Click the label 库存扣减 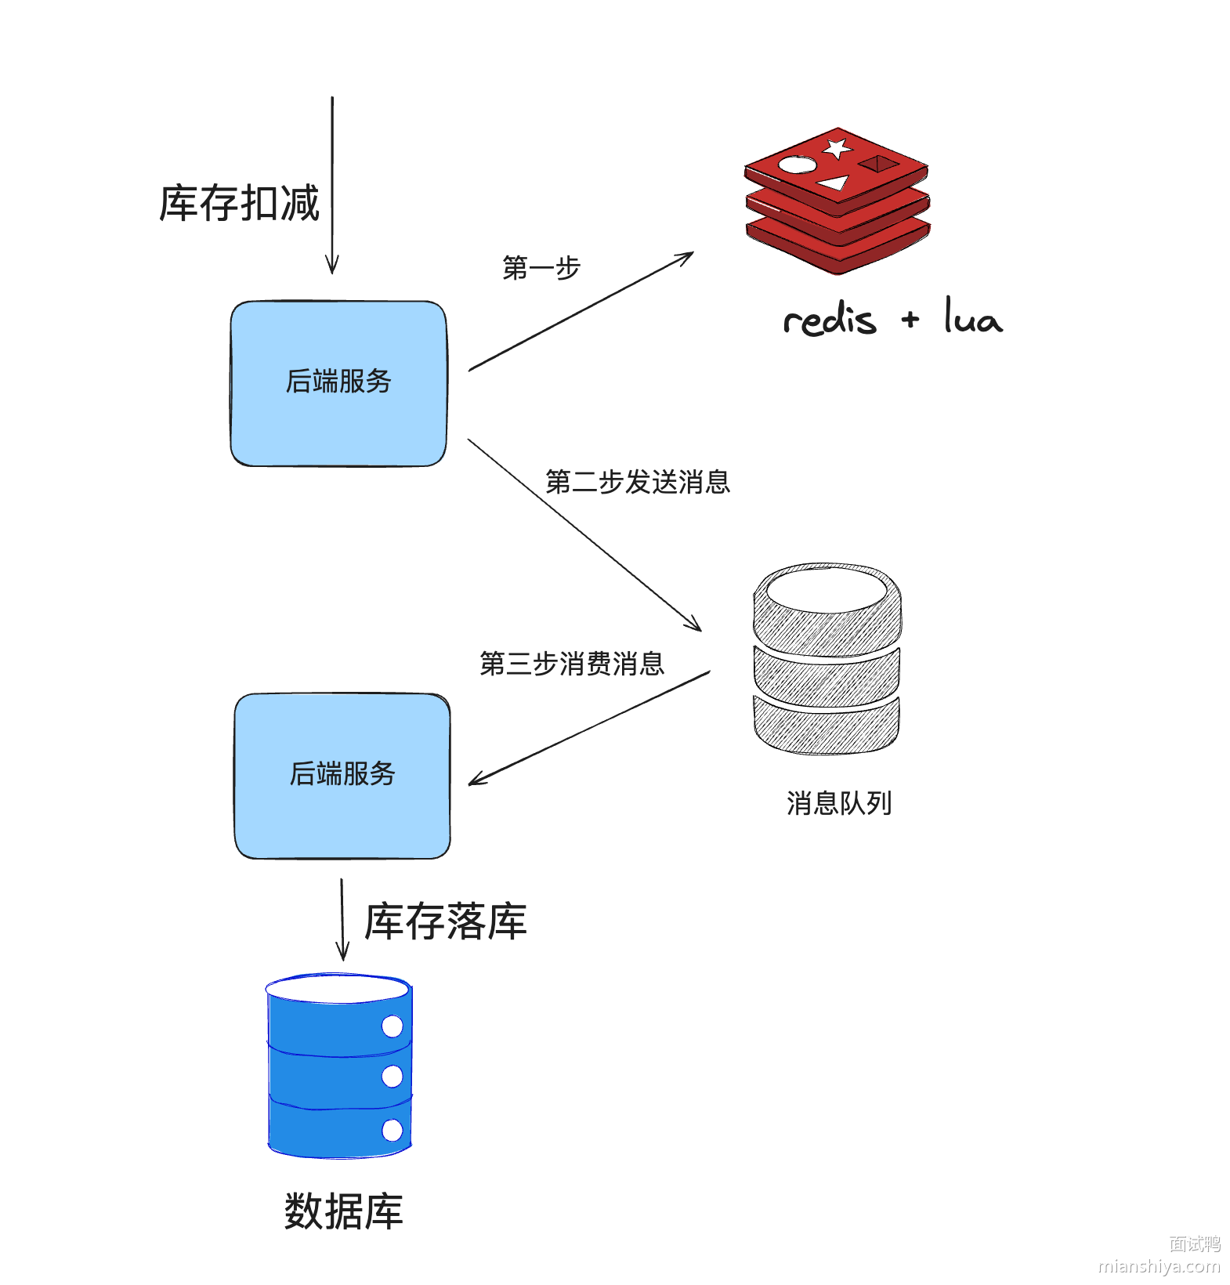[240, 204]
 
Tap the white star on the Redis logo [837, 147]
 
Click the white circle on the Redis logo [798, 165]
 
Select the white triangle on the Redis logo [835, 183]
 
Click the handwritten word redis [830, 320]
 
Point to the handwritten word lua [972, 317]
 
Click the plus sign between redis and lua [910, 319]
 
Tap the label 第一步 [541, 268]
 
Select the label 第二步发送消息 [638, 482]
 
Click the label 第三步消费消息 [572, 664]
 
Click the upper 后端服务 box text [338, 382]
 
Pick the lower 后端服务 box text [342, 774]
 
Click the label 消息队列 [839, 803]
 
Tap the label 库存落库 [446, 921]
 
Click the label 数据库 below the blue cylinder [343, 1211]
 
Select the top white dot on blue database [392, 1026]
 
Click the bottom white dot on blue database [392, 1130]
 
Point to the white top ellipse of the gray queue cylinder [827, 590]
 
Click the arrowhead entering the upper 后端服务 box [332, 267]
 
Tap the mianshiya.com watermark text [1159, 1266]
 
